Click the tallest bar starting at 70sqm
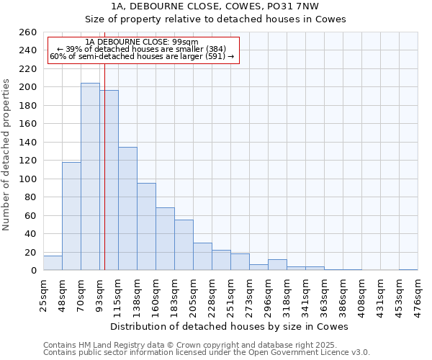(90, 176)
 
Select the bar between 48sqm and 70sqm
(71, 216)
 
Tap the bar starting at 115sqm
(127, 209)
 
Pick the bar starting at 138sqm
(146, 227)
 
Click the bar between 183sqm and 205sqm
(184, 245)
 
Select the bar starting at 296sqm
(277, 265)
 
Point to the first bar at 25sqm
(53, 263)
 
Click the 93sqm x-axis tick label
(100, 293)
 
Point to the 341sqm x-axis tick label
(306, 294)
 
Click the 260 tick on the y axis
(28, 32)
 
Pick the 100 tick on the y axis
(28, 179)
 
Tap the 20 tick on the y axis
(31, 252)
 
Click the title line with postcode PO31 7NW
(215, 6)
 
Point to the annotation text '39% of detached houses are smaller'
(141, 49)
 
